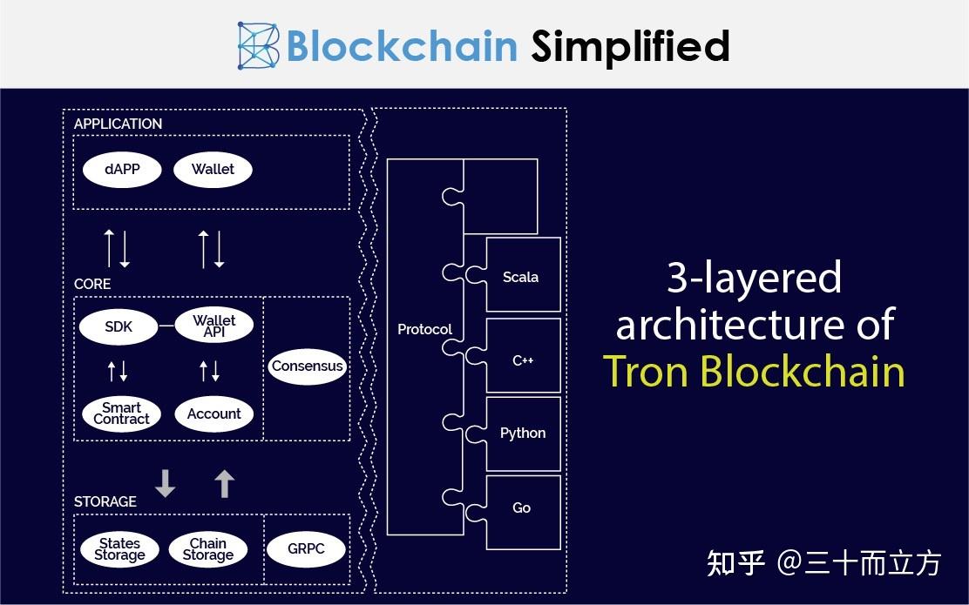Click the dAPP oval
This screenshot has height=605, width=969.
[122, 170]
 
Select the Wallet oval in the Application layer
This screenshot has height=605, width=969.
[213, 170]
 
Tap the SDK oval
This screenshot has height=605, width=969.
[118, 326]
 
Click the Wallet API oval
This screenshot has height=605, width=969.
[213, 326]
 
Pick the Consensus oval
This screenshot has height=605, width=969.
[307, 366]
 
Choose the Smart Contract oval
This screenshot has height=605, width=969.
[121, 413]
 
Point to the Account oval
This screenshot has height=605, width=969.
[213, 413]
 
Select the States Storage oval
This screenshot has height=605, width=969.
[119, 549]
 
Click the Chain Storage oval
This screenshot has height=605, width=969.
[207, 549]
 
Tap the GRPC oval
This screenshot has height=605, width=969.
[306, 548]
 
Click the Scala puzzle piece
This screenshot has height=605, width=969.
[519, 275]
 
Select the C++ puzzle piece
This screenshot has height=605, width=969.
[519, 355]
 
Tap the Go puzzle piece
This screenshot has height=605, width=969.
[519, 512]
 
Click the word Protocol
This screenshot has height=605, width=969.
[424, 330]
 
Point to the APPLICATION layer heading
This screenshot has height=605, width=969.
[118, 124]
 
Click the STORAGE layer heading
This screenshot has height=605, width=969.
[105, 501]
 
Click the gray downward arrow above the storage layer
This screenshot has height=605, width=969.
[165, 483]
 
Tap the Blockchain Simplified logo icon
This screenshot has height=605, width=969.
[258, 45]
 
